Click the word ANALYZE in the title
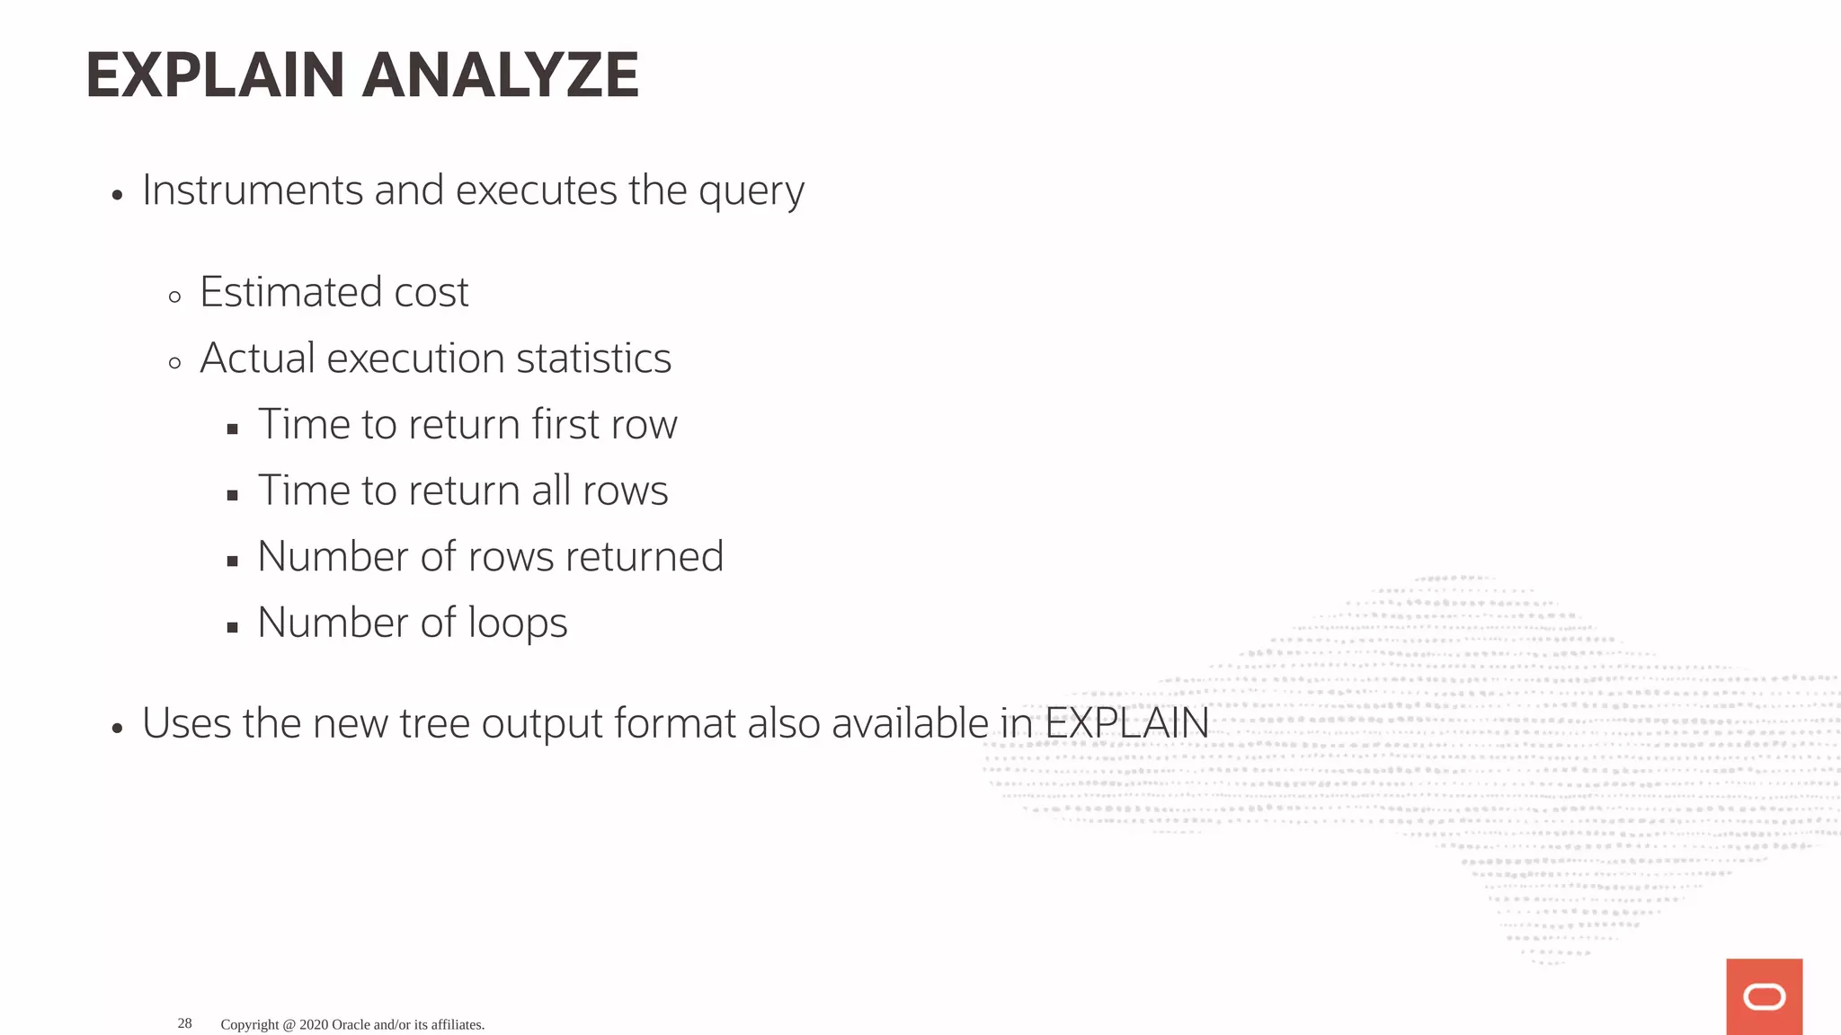click(x=500, y=75)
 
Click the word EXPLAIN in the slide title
click(x=215, y=75)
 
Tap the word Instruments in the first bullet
click(x=252, y=190)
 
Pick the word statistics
click(x=593, y=358)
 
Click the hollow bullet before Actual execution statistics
click(x=174, y=363)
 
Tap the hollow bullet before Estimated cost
click(x=174, y=296)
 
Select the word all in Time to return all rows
click(x=551, y=491)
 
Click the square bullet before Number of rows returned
click(x=233, y=562)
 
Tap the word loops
click(x=517, y=624)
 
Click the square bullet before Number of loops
click(x=233, y=628)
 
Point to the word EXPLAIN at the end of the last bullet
click(x=1126, y=723)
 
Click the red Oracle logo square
click(x=1764, y=995)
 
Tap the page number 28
click(x=184, y=1023)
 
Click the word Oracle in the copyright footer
click(x=351, y=1025)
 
